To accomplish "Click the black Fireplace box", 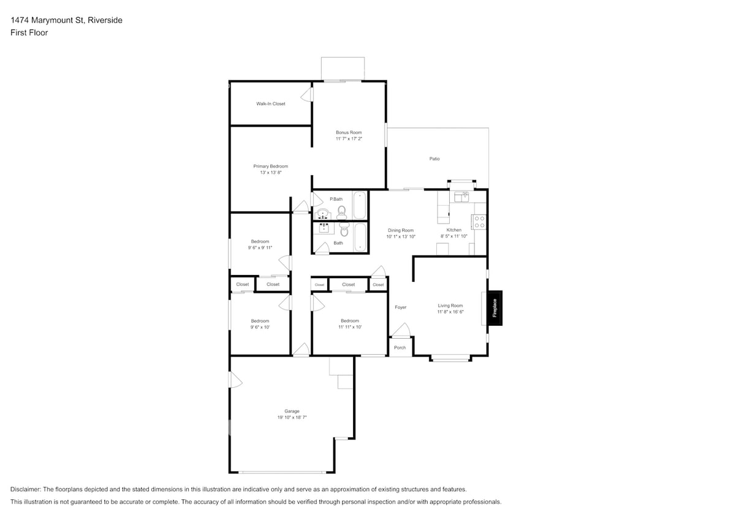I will pos(494,307).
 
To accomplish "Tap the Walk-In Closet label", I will pos(270,104).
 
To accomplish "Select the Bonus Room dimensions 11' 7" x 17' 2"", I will pos(349,139).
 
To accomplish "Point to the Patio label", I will pos(434,159).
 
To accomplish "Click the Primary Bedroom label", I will pos(270,166).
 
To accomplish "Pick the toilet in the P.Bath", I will pos(341,212).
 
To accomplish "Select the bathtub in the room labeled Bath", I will pos(361,238).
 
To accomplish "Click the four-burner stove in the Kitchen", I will pos(479,222).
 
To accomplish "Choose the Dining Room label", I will pos(401,230).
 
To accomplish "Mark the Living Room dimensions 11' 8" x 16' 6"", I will pos(450,312).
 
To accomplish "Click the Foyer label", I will pos(400,308).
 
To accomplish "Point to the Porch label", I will pos(400,347).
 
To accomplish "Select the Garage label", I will pos(292,411).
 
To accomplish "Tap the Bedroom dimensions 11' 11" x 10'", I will pos(349,327).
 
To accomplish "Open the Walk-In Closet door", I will pos(308,95).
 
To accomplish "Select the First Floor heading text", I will pos(29,32).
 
